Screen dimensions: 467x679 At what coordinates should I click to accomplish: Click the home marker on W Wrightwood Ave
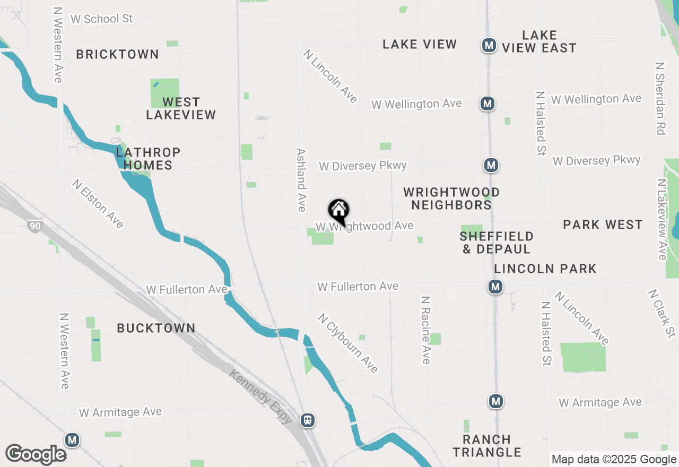(338, 211)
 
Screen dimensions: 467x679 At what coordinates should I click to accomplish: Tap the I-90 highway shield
(34, 226)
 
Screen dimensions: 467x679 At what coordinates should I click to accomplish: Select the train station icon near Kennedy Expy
(307, 420)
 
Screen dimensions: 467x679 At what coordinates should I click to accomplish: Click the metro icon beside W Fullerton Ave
(495, 287)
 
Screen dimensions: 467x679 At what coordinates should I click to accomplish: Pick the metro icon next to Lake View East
(489, 45)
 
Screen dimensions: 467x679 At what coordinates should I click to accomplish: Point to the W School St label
(101, 19)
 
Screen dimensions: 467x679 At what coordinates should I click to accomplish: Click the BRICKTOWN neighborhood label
(117, 54)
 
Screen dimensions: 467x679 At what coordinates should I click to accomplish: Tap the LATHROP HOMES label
(148, 159)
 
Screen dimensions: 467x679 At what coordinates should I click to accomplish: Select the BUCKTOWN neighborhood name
(156, 328)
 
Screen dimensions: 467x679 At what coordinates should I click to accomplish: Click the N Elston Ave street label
(99, 203)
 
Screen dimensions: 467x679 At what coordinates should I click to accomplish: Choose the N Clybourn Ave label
(348, 343)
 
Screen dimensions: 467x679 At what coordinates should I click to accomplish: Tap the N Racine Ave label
(425, 330)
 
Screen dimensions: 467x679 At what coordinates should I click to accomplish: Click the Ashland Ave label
(301, 179)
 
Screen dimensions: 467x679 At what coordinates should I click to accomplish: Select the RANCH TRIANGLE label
(487, 446)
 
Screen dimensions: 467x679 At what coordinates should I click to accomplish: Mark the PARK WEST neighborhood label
(603, 224)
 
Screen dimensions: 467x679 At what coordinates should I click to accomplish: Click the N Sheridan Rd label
(660, 99)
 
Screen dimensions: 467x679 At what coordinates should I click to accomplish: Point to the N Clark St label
(662, 313)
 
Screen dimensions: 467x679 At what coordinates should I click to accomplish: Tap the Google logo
(36, 455)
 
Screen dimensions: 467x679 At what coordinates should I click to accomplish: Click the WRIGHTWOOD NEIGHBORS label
(451, 198)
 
